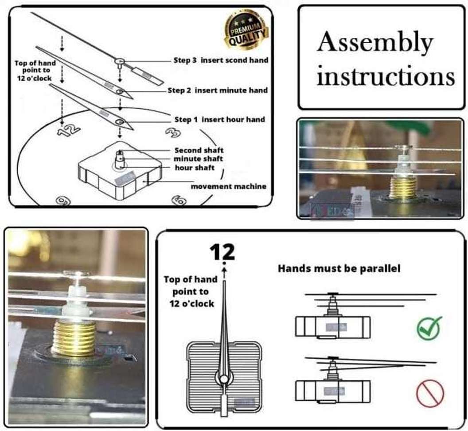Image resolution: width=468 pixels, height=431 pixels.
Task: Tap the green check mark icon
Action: (429, 328)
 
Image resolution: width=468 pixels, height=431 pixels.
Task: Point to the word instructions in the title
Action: (386, 76)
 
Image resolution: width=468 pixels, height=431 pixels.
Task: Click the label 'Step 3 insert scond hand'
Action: (221, 60)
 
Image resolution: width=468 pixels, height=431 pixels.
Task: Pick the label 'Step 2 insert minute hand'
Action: (218, 90)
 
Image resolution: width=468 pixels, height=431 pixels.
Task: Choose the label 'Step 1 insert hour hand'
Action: (219, 119)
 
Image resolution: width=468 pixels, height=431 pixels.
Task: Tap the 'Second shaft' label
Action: (199, 150)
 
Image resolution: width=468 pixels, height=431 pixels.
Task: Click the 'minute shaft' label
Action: (198, 159)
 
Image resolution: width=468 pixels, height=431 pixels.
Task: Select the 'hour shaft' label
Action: (195, 168)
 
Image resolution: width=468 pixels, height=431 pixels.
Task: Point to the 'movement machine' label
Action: (228, 186)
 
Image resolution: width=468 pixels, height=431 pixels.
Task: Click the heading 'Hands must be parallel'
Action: (339, 268)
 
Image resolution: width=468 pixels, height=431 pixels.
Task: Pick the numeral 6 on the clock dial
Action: (179, 200)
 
